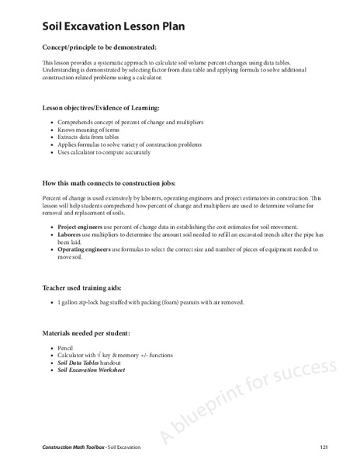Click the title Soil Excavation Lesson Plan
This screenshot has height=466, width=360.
pyautogui.click(x=113, y=28)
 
